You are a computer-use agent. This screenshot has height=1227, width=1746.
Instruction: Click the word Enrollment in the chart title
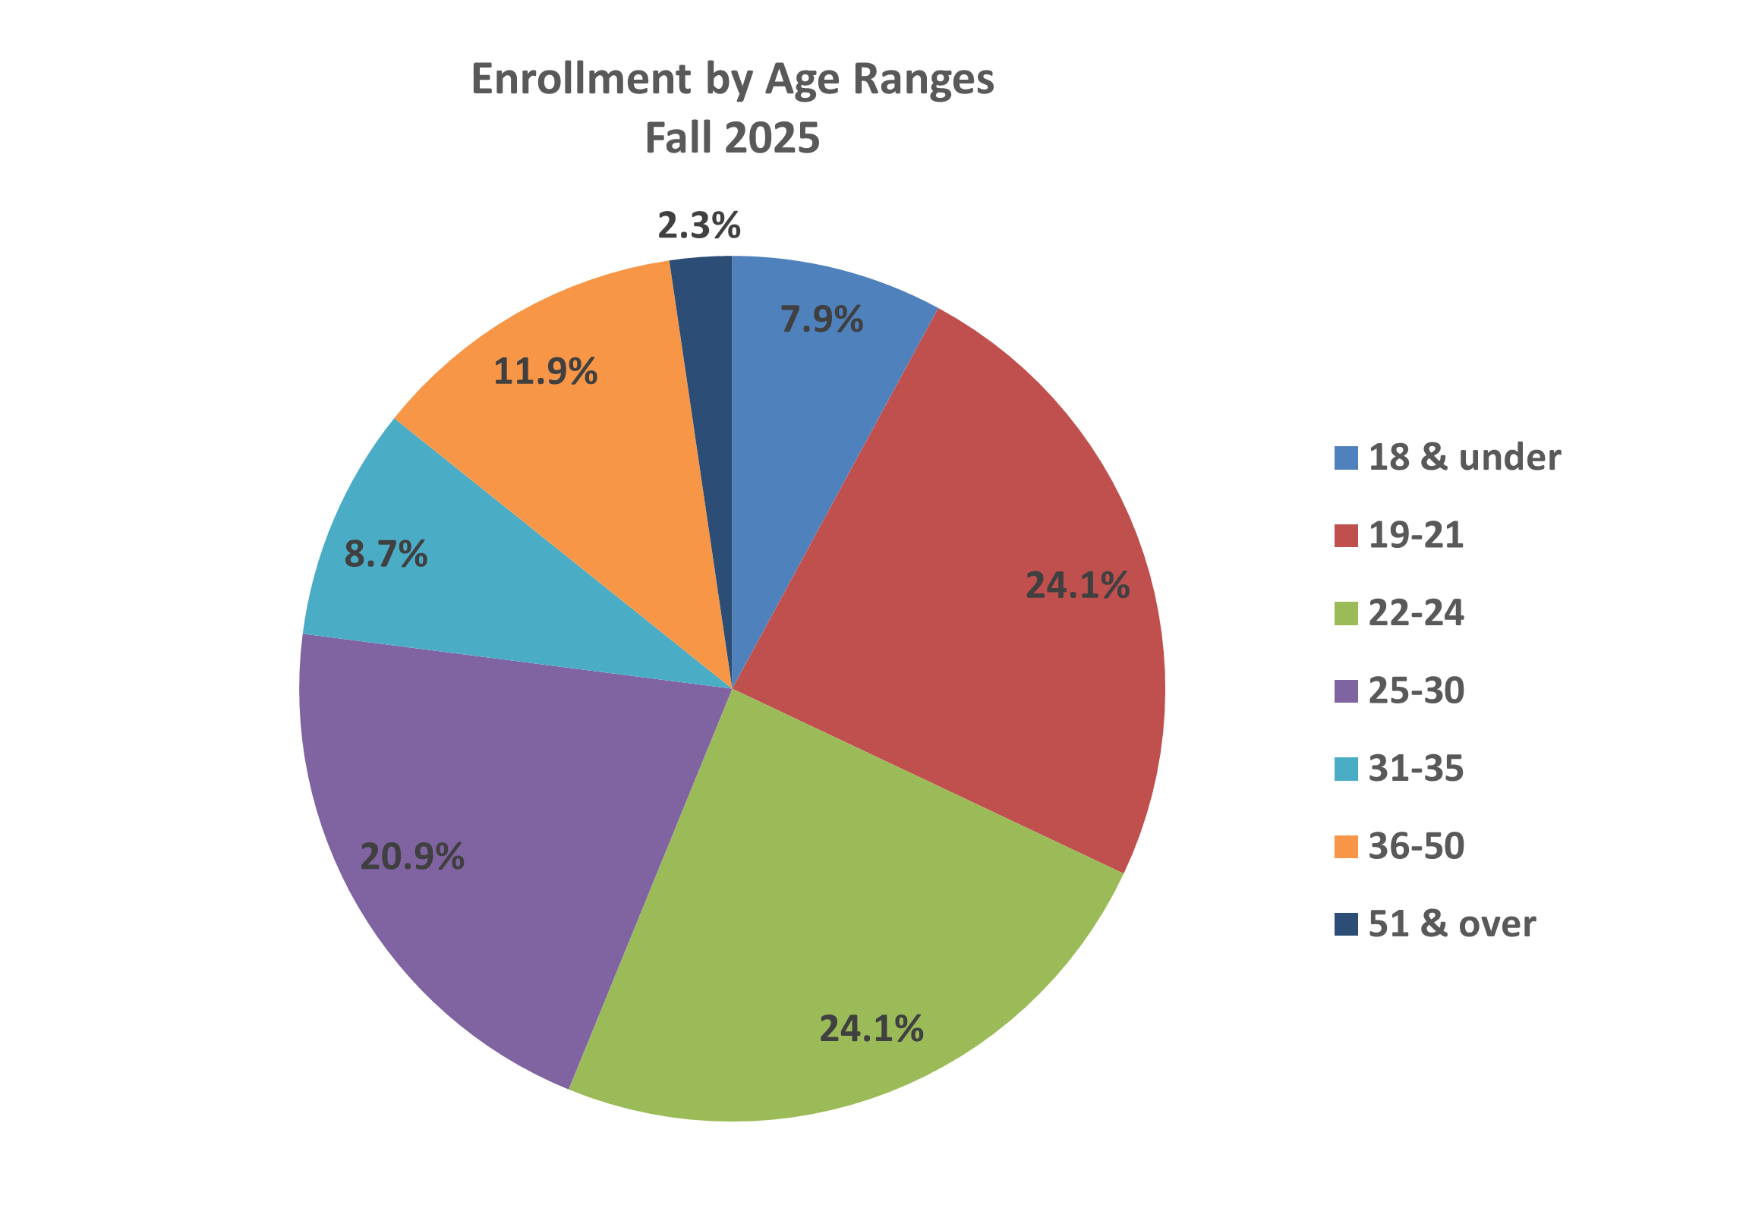(581, 79)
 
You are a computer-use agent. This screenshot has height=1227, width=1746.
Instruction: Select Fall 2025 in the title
(732, 138)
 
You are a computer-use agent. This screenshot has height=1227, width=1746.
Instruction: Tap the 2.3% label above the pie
(699, 226)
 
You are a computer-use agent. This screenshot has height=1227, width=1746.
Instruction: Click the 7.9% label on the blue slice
(821, 319)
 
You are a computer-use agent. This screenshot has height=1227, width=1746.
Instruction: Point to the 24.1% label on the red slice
(1076, 585)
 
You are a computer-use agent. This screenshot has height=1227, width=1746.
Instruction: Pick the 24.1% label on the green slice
(871, 1029)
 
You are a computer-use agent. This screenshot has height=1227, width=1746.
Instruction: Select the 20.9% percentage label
(411, 857)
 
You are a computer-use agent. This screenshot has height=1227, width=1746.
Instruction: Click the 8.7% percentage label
(386, 554)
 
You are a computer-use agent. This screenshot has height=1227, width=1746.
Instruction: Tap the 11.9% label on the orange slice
(545, 372)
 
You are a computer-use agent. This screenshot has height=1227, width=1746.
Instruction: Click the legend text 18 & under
(1464, 458)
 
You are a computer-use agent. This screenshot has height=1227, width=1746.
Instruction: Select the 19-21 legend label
(1415, 535)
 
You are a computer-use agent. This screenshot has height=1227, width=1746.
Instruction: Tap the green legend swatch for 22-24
(1346, 613)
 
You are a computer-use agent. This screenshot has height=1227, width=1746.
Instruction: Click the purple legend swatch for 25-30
(1346, 691)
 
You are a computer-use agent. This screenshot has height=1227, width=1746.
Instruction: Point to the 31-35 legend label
(1415, 769)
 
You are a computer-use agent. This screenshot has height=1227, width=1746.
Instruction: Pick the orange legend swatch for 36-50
(1346, 846)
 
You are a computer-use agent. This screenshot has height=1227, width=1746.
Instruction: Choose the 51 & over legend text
(1451, 924)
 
